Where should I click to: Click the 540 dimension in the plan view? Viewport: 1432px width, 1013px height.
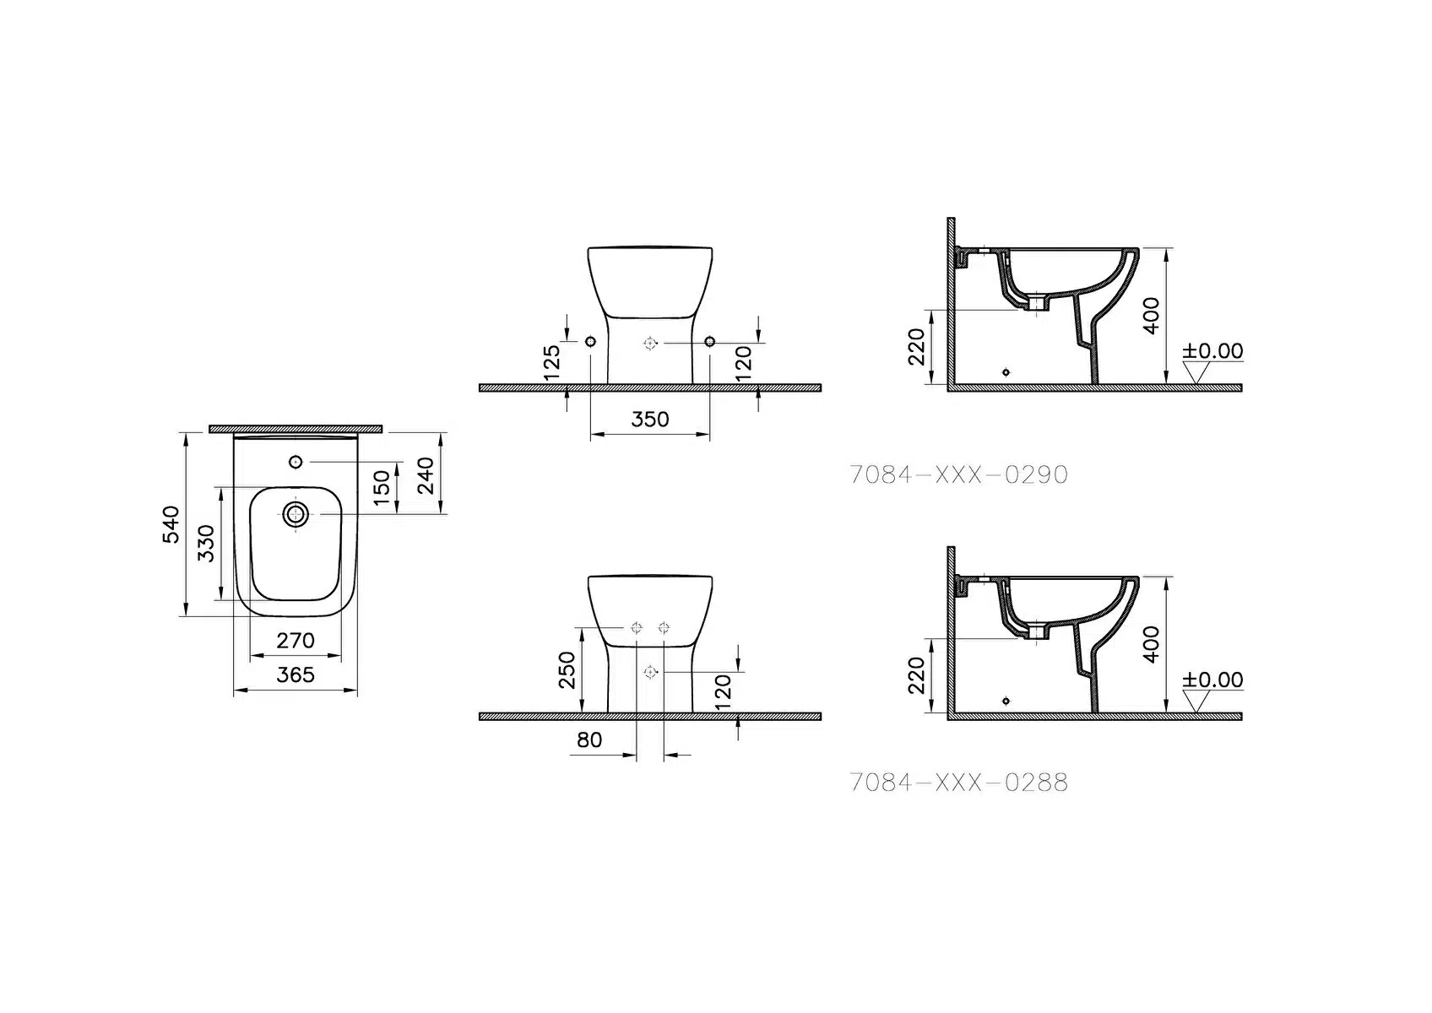pos(171,525)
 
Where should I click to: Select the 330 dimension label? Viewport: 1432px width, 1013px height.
pos(206,544)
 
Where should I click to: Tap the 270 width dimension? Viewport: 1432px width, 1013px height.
pos(296,641)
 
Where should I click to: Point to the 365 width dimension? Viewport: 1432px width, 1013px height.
pos(296,674)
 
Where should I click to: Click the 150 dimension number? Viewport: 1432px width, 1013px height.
pos(382,488)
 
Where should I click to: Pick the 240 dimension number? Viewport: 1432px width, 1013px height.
pos(426,476)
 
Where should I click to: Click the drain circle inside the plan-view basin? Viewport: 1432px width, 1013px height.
pos(296,514)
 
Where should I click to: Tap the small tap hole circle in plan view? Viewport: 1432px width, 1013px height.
pos(296,462)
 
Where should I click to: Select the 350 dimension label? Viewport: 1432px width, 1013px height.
pos(650,420)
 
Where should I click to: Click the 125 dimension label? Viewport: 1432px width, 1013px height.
pos(551,362)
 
